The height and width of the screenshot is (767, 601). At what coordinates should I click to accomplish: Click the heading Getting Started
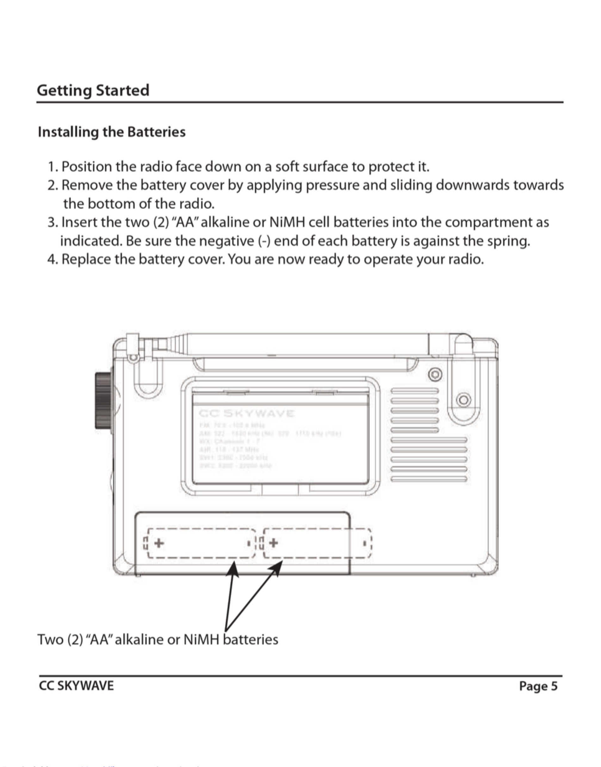(93, 90)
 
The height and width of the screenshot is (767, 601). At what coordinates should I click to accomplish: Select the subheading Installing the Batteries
(112, 132)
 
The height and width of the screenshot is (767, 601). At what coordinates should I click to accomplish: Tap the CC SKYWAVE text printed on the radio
(246, 413)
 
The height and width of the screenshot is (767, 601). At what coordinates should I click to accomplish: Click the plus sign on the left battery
(159, 543)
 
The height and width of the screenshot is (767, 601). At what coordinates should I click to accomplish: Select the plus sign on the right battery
(273, 543)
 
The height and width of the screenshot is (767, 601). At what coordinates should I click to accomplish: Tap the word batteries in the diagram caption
(251, 639)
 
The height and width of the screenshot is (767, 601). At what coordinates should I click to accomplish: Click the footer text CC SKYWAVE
(76, 686)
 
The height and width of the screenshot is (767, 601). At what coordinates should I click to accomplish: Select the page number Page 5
(538, 686)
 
